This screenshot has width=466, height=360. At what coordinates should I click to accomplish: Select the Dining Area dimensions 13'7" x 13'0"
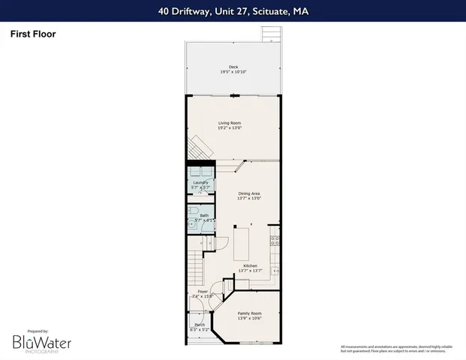tap(248, 199)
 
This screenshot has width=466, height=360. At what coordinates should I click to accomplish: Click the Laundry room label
tap(200, 182)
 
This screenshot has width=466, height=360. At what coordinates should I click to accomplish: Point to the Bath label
tap(204, 215)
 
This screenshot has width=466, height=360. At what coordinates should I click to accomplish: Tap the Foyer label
tap(203, 291)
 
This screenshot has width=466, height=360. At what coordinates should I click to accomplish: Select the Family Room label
tap(249, 313)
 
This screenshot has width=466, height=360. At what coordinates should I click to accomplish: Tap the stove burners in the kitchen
tap(275, 241)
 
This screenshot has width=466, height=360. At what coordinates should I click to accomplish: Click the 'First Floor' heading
tap(33, 34)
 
